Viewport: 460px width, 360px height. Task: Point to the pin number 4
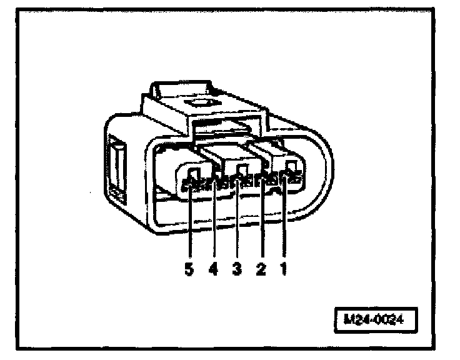click(214, 269)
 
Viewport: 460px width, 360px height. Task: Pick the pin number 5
click(189, 269)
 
